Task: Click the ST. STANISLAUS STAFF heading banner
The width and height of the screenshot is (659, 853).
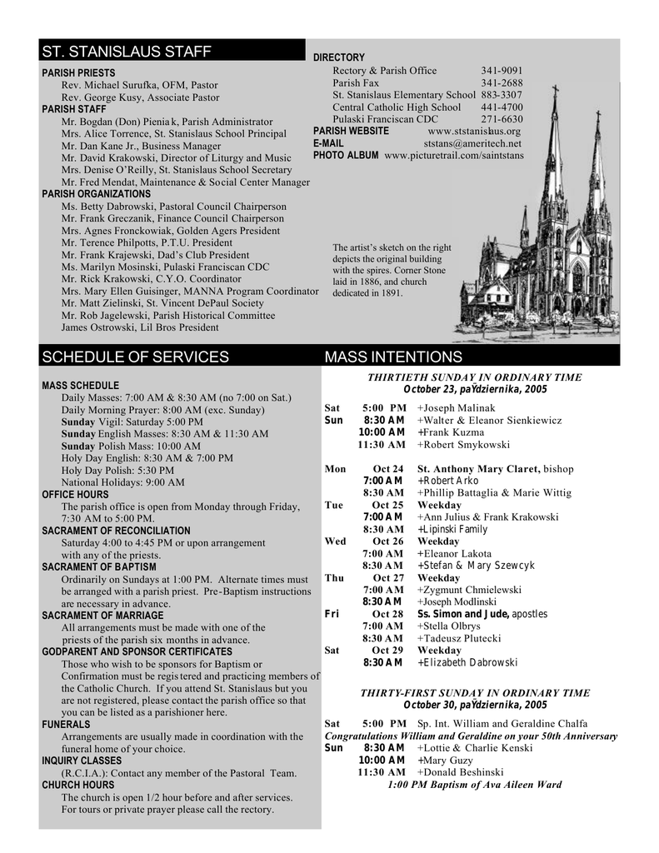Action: click(x=127, y=52)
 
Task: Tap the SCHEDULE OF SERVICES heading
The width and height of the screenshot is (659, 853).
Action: click(x=135, y=357)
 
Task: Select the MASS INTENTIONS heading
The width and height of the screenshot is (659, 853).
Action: click(x=393, y=357)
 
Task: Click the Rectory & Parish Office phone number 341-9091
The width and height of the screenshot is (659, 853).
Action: click(x=502, y=71)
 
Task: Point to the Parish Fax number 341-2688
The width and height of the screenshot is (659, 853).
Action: click(x=502, y=83)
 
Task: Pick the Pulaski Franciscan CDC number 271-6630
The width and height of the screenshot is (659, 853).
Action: click(x=502, y=119)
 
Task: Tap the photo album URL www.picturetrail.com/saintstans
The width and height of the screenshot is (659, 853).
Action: click(x=454, y=156)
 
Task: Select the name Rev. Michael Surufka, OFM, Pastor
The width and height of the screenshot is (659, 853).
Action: click(x=140, y=85)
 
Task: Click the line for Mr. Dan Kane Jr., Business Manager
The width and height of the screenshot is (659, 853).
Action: click(x=142, y=146)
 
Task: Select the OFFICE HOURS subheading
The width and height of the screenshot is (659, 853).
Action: click(x=75, y=495)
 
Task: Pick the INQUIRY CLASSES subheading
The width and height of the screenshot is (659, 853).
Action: click(x=82, y=761)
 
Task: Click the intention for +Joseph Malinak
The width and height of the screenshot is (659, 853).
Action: click(x=457, y=408)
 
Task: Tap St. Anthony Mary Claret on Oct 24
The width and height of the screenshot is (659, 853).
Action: click(x=479, y=469)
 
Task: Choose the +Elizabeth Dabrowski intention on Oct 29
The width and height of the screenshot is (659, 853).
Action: click(x=467, y=663)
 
